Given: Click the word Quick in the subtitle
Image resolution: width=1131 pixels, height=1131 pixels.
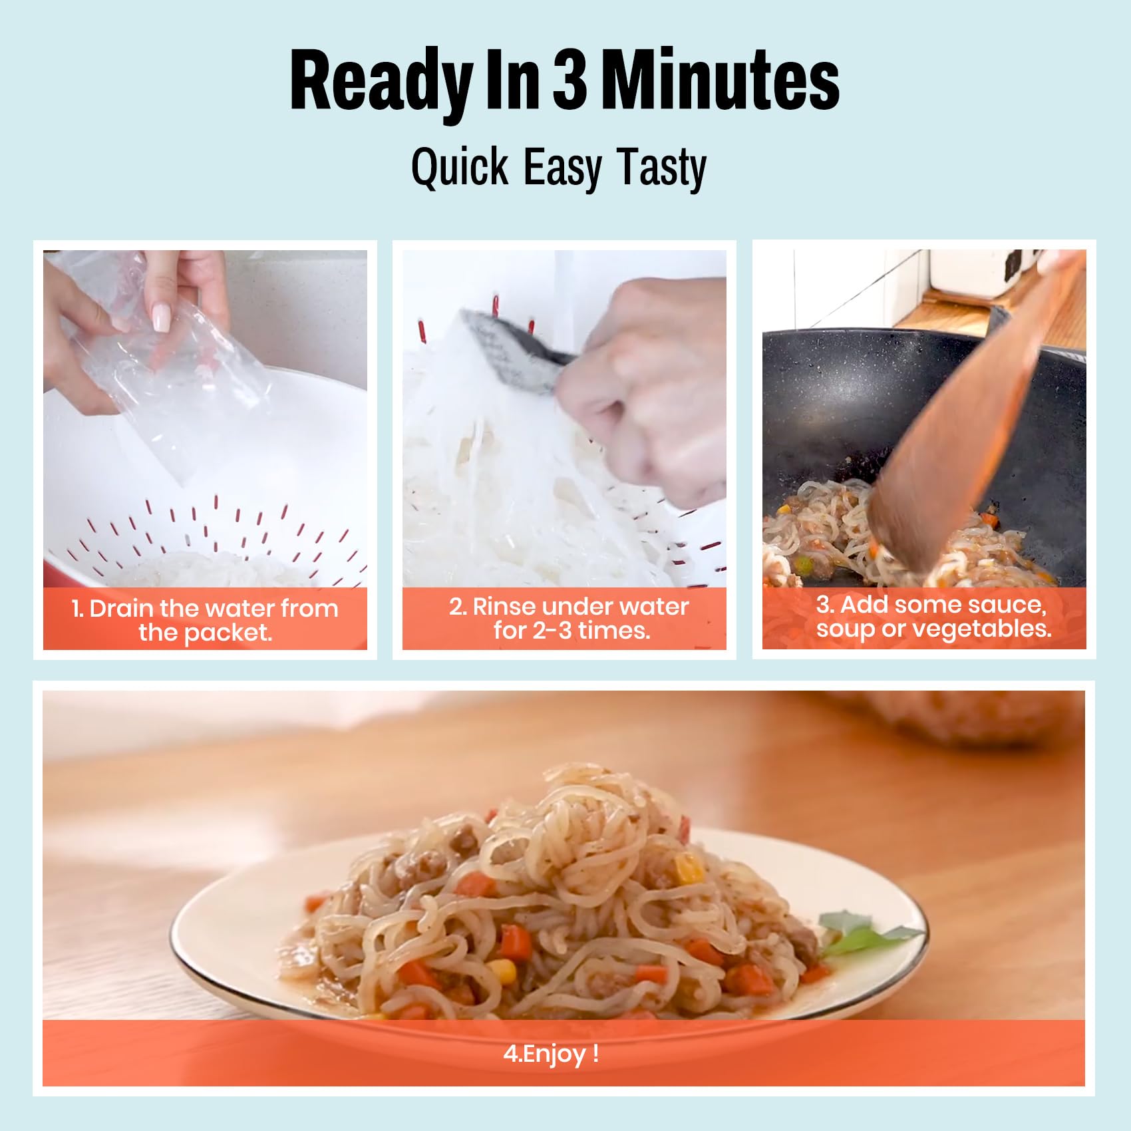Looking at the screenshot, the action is click(460, 168).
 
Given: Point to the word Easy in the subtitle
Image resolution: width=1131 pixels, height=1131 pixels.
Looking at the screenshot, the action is click(563, 169).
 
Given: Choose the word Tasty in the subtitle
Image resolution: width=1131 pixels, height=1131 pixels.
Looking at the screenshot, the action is click(661, 169).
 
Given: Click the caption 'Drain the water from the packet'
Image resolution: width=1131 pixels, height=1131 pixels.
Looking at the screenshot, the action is click(205, 620).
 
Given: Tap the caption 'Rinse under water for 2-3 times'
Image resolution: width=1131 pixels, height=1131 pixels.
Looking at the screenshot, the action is click(569, 618).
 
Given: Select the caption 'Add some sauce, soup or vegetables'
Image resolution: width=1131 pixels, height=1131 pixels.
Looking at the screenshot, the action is click(931, 616).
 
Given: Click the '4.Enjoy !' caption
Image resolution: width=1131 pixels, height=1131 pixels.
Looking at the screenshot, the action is click(551, 1053).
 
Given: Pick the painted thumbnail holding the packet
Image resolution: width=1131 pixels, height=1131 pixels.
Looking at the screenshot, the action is click(162, 315).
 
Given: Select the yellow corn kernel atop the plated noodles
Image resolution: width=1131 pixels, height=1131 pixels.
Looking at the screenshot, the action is click(688, 869).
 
